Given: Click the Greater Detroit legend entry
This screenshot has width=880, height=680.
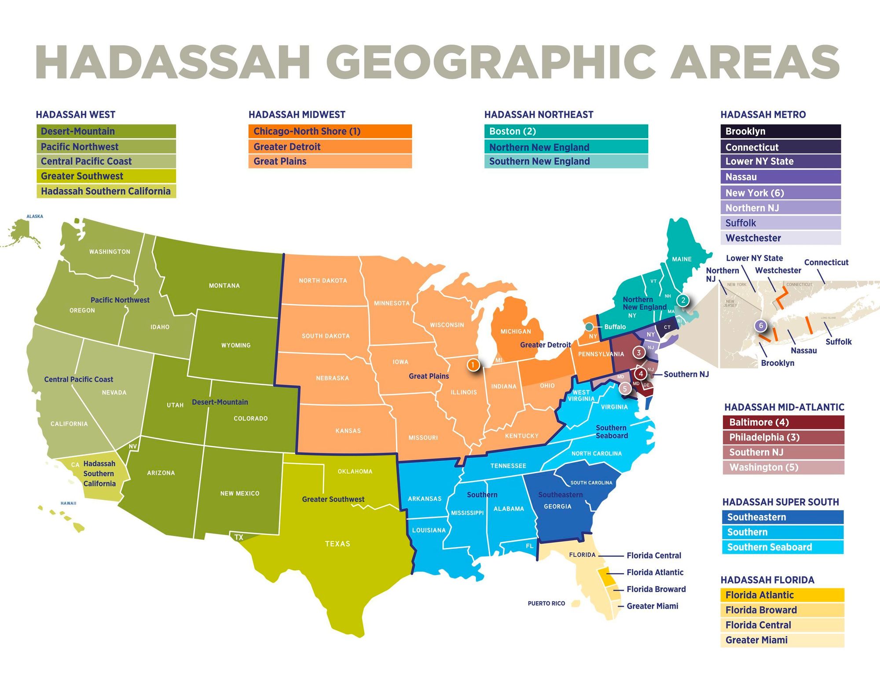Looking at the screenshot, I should coord(330,147).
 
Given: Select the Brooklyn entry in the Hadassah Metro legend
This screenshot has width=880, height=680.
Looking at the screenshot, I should coord(780,131).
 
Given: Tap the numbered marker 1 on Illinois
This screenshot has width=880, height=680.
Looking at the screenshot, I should coord(473,365).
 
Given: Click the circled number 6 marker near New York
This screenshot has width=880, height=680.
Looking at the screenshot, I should coord(761,326).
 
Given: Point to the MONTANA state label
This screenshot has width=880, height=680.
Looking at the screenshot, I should coord(224,286).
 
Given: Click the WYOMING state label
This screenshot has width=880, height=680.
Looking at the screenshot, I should coord(236,346).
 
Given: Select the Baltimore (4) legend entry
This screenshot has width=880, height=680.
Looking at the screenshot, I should coord(783,422).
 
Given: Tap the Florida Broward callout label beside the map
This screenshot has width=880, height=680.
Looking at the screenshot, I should coord(656,589).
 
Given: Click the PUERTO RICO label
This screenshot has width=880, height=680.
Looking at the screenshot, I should coord(546,603).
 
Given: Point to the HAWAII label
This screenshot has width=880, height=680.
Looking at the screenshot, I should coord(68,503).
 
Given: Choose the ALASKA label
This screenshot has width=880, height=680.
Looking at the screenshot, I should coord(35,217).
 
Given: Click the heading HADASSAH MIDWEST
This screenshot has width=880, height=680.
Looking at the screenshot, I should coord(297,115).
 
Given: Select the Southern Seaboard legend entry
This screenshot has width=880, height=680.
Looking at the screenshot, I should coord(782,547).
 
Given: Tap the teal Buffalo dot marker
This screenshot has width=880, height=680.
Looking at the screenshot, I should coord(589,327).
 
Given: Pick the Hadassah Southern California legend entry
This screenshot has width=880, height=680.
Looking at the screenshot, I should coord(106,191).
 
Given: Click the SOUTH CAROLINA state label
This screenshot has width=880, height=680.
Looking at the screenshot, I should coord(591,483).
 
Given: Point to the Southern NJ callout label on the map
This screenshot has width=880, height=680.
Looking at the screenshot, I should coord(686,374).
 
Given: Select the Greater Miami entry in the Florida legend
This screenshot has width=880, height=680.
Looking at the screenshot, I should coord(782,640).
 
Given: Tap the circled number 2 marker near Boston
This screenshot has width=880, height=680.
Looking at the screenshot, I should coord(683,301).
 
